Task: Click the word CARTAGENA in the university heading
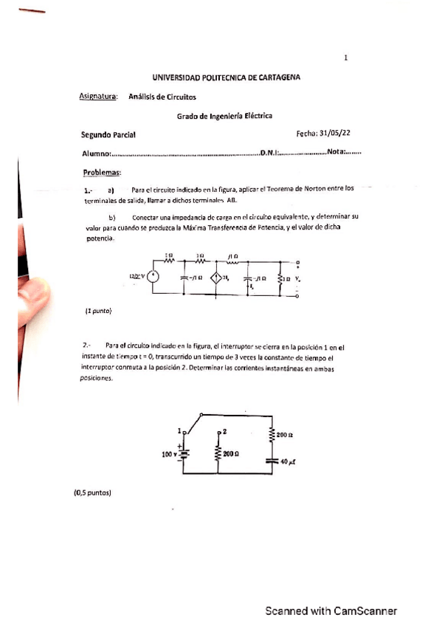[274, 77]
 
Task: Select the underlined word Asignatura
[98, 96]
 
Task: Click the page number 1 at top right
[346, 58]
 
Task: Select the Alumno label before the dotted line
[95, 154]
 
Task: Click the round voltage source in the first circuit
[153, 277]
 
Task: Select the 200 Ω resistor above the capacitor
[273, 436]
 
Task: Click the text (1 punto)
[98, 312]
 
